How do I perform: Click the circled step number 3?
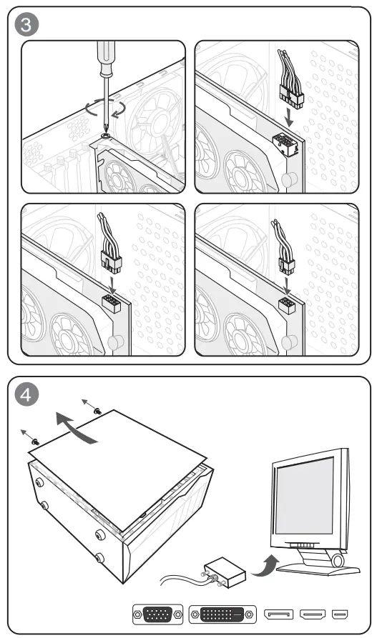(26, 25)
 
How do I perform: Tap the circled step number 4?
(26, 395)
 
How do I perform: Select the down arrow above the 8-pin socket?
(290, 118)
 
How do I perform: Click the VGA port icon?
(157, 614)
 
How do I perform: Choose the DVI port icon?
(222, 614)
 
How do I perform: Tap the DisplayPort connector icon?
(279, 614)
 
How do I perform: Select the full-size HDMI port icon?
(313, 614)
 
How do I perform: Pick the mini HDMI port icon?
(340, 614)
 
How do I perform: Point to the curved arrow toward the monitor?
(266, 566)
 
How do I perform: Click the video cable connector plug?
(225, 572)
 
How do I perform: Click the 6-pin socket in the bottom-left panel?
(111, 303)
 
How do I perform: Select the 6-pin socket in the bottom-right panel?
(287, 306)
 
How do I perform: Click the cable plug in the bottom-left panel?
(112, 261)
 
